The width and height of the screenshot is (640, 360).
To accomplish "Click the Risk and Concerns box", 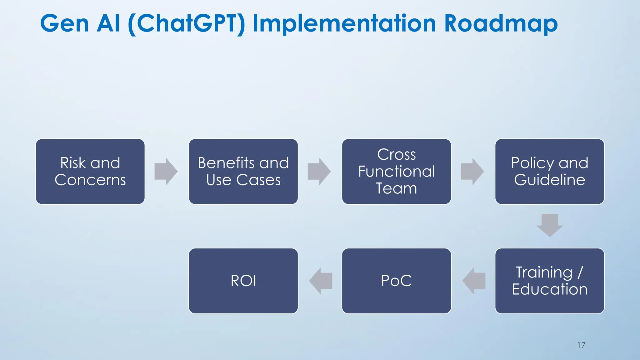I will pyautogui.click(x=90, y=172).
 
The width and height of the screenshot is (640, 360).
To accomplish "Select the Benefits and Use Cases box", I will pyautogui.click(x=243, y=172).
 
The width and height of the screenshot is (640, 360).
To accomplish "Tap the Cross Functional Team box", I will pyautogui.click(x=396, y=172).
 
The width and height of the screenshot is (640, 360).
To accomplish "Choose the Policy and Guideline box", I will pyautogui.click(x=549, y=172).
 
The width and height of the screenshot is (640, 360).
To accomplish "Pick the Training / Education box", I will pyautogui.click(x=549, y=281).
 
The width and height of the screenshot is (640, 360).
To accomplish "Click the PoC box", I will pyautogui.click(x=396, y=281).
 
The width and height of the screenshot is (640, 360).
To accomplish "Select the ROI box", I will pyautogui.click(x=243, y=281).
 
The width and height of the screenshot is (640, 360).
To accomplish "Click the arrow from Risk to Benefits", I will pyautogui.click(x=166, y=172).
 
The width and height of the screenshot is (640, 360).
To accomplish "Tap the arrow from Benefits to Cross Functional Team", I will pyautogui.click(x=319, y=172).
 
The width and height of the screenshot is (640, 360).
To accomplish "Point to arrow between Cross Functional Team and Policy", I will pyautogui.click(x=472, y=172).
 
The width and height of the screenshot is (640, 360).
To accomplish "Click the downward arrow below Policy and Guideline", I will pyautogui.click(x=550, y=225).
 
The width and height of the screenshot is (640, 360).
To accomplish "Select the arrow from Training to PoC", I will pyautogui.click(x=474, y=281).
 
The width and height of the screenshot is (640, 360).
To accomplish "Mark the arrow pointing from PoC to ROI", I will pyautogui.click(x=321, y=281).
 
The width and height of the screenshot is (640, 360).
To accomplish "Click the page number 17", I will pyautogui.click(x=581, y=345).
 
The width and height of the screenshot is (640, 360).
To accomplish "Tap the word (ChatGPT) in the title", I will pyautogui.click(x=187, y=24).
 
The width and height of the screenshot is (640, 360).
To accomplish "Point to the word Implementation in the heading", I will pyautogui.click(x=344, y=24).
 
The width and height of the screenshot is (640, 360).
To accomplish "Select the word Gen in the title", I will pyautogui.click(x=65, y=24).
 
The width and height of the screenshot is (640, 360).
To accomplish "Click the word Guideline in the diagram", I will pyautogui.click(x=549, y=180).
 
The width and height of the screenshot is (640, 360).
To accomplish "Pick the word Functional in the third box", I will pyautogui.click(x=396, y=172).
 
